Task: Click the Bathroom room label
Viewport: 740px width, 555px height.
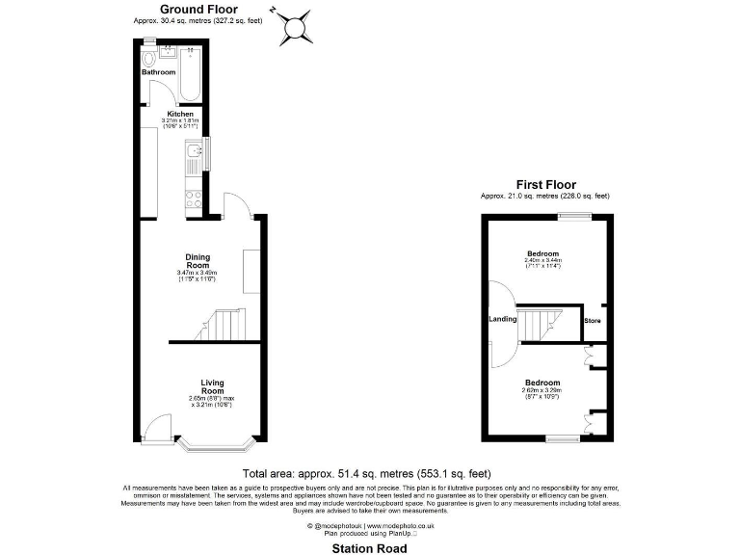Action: (159, 72)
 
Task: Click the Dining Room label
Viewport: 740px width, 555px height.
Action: (198, 261)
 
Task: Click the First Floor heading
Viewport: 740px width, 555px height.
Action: (545, 184)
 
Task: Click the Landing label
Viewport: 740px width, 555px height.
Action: (503, 319)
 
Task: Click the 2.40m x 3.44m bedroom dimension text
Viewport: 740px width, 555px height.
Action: (542, 261)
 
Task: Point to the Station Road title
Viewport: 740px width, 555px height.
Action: (369, 548)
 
